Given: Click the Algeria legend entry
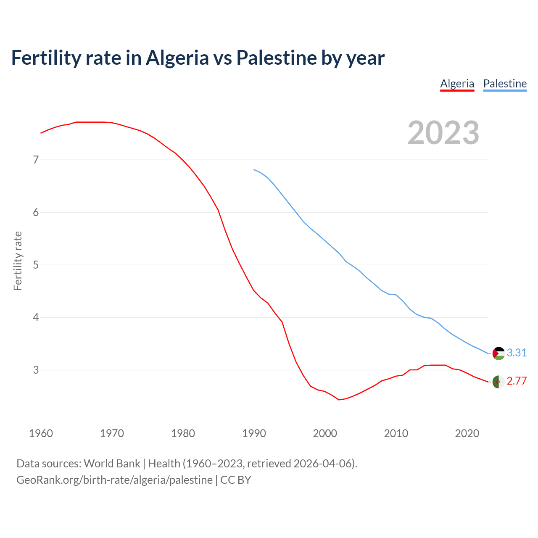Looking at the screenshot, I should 457,84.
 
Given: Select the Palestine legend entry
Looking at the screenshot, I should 505,84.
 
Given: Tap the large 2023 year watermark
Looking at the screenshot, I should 443,133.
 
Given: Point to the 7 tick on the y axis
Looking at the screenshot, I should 36,160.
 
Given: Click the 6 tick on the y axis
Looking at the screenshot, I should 36,212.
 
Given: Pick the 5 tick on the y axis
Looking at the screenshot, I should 36,265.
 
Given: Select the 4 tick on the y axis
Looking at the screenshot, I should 36,317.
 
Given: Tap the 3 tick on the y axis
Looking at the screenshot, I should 36,370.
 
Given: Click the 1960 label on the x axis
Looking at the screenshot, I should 41,433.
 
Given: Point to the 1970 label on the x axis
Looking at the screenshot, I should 112,433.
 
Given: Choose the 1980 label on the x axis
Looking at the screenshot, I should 183,433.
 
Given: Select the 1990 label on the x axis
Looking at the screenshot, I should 254,433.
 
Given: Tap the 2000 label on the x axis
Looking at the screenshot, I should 325,433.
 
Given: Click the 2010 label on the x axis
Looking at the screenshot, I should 396,433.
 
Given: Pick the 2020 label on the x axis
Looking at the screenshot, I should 467,433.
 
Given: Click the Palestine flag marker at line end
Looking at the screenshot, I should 498,353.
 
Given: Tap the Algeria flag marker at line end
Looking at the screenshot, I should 498,382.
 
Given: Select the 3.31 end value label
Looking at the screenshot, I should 517,353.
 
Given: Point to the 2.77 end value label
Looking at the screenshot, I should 517,381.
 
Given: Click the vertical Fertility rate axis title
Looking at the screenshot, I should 18,261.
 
